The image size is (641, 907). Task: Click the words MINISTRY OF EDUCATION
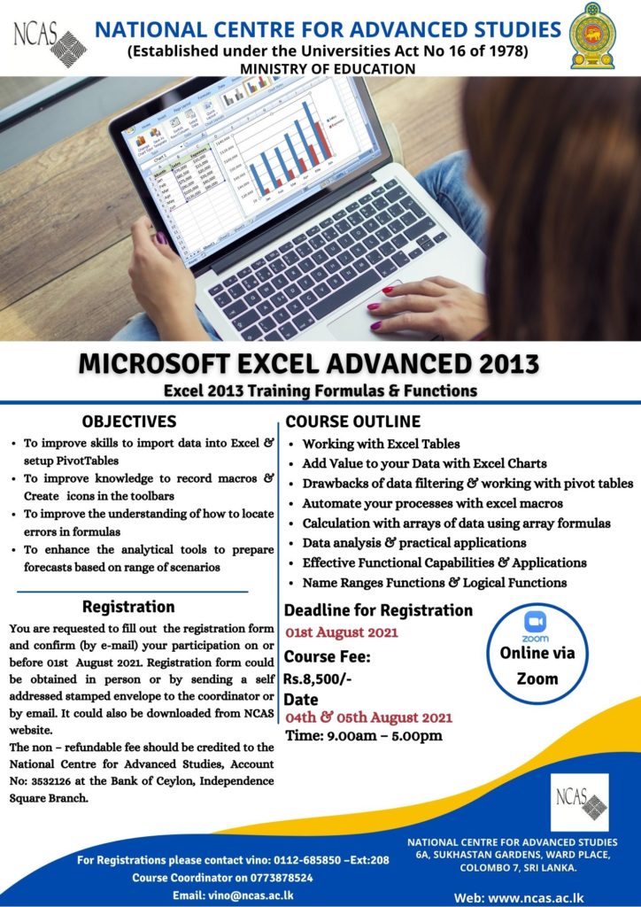327,68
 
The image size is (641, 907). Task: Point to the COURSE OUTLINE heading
353,422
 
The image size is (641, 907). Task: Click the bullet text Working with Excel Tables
381,444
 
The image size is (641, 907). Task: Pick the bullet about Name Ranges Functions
434,583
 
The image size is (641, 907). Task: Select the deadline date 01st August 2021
341,632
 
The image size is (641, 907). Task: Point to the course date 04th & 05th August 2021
368,717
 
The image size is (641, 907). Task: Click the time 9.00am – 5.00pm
364,736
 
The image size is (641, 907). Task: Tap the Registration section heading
128,607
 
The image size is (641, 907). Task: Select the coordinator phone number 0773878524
270,878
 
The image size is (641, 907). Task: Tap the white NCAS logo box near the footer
579,802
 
